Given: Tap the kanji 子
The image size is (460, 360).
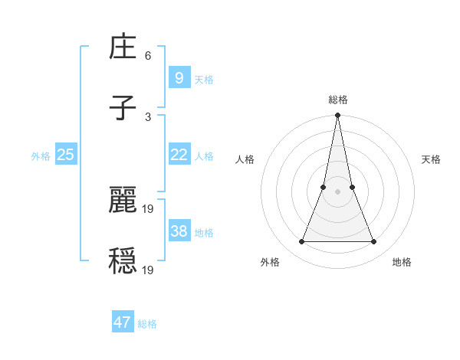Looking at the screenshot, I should click(x=123, y=109).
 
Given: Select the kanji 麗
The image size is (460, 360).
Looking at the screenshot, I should click(x=123, y=200).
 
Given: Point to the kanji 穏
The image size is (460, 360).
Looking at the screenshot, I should click(x=123, y=261).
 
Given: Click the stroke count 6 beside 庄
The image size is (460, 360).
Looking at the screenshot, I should click(x=148, y=56).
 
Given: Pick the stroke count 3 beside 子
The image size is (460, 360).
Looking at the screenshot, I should click(x=148, y=117).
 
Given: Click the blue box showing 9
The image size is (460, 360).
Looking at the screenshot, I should click(x=179, y=77).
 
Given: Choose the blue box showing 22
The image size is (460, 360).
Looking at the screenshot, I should click(x=179, y=155).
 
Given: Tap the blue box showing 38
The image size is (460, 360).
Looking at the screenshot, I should click(x=179, y=231).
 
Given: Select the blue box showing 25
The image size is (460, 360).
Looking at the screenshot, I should click(x=65, y=155).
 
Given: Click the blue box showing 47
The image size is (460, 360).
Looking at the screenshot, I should click(x=123, y=322).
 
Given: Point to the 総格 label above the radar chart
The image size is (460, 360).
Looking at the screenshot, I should click(x=338, y=100).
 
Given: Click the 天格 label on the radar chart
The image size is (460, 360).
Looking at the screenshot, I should click(x=431, y=159).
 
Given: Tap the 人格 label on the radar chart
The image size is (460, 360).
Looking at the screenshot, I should click(x=245, y=159).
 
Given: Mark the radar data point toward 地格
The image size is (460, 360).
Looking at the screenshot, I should click(x=374, y=242).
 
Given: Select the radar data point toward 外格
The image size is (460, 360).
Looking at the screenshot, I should click(x=301, y=242).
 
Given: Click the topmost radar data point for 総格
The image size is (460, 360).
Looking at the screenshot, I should click(x=337, y=116).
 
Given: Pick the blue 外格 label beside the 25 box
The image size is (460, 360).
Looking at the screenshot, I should click(x=41, y=155).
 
